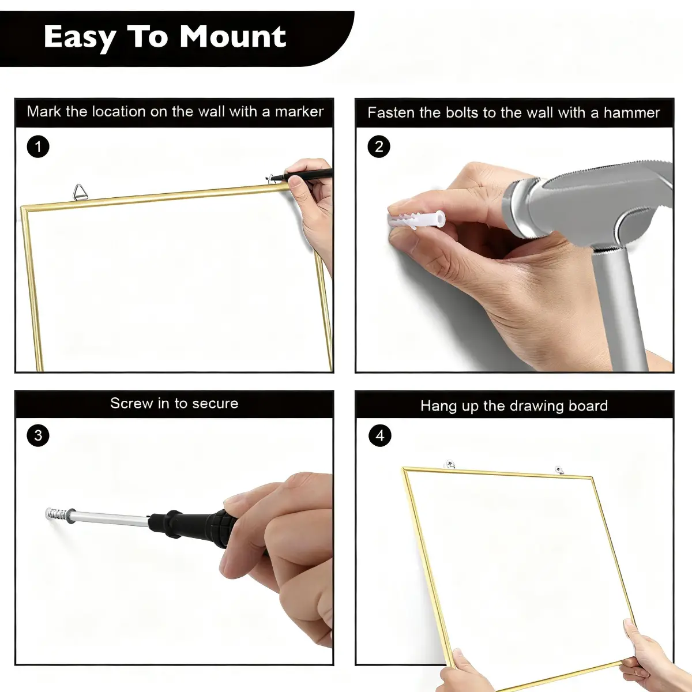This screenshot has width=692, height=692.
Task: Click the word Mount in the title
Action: coord(233,37)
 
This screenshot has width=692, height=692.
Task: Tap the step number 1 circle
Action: coord(38,146)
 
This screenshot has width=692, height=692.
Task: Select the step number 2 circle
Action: coord(379,146)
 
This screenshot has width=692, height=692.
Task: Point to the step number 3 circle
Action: coord(38,435)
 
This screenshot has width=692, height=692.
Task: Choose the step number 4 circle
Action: coord(380,435)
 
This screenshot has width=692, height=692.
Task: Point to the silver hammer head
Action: coord(589,205)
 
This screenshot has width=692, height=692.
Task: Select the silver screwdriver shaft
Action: coord(111,518)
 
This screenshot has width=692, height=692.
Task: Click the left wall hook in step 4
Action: coord(450,464)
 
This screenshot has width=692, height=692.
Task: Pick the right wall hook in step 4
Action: coord(559,470)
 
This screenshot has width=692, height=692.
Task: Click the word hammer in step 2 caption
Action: coord(631,113)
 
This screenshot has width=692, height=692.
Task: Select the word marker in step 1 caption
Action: coord(299,112)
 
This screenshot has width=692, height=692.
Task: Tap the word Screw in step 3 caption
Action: coord(131,403)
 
